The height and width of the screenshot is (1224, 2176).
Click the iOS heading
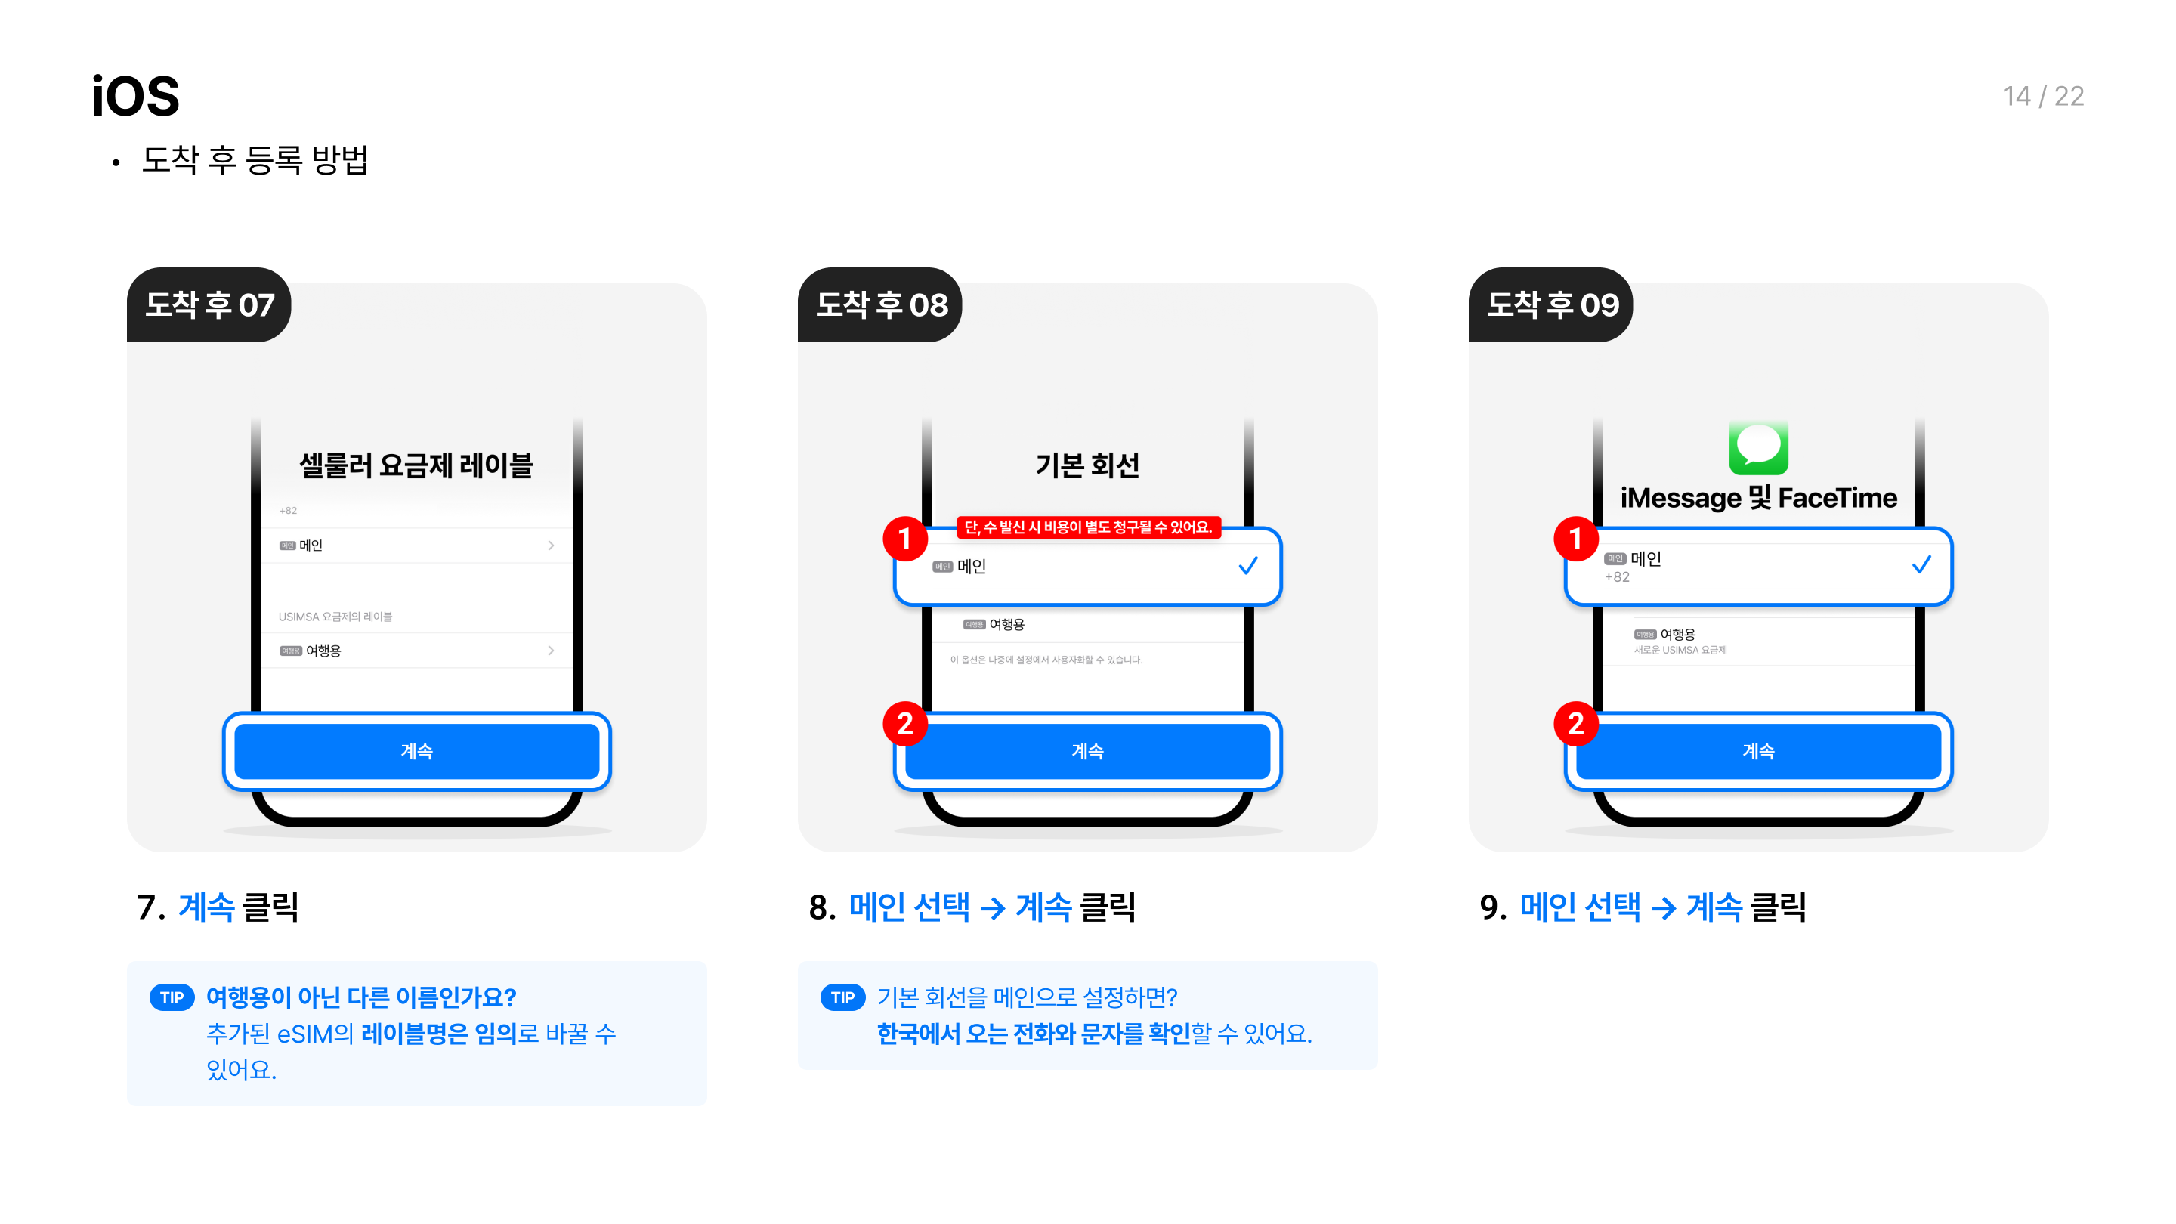coord(135,96)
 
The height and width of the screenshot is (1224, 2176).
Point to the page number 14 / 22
coord(2042,96)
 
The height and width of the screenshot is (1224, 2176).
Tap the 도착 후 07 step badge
coord(209,305)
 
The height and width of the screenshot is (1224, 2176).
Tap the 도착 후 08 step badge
coord(881,305)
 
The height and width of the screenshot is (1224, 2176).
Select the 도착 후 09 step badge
coord(1552,305)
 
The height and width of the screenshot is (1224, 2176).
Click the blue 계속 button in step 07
coord(416,751)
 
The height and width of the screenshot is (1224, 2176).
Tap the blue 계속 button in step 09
coord(1758,751)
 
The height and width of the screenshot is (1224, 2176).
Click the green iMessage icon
coord(1758,447)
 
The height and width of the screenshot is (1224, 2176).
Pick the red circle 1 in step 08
coord(904,538)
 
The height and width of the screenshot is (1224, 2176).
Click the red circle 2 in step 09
coord(1575,724)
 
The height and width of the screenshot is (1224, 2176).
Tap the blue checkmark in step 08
coord(1247,565)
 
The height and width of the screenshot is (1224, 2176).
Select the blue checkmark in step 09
coord(1921,564)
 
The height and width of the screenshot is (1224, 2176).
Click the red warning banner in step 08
coord(1088,527)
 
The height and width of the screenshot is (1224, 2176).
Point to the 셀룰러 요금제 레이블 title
coord(416,465)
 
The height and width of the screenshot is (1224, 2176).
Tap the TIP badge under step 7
coord(172,997)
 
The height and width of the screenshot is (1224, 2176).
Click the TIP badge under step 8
coord(842,997)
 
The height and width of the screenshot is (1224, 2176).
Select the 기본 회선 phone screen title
coord(1087,465)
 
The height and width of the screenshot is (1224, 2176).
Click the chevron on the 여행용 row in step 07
coord(551,651)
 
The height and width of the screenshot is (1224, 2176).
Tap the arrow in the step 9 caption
coord(1663,908)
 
